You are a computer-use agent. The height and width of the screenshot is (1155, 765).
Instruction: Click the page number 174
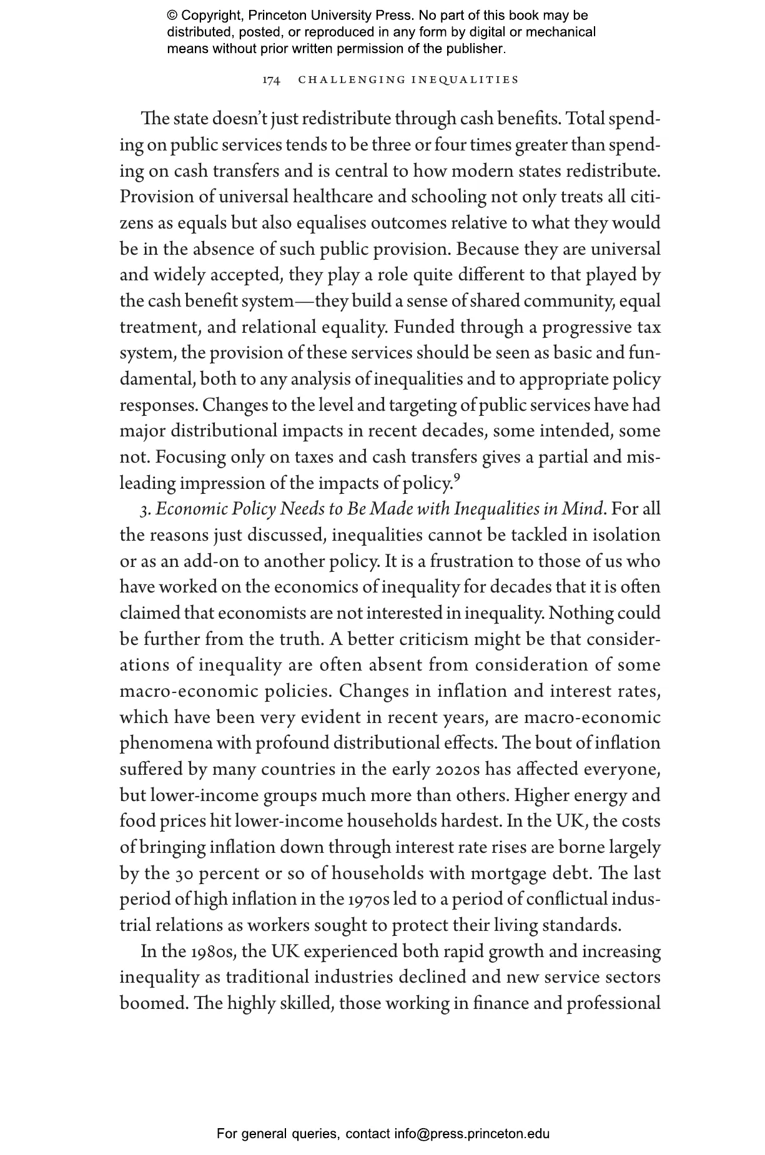coord(270,80)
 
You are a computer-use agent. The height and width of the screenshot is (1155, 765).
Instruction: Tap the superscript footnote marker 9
coord(457,478)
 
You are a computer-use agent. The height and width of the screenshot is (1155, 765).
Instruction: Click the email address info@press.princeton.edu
coord(471,1134)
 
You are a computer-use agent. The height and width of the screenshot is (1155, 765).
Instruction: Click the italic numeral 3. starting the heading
coord(145,510)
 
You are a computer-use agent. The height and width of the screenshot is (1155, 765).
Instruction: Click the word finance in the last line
coord(497,1004)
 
